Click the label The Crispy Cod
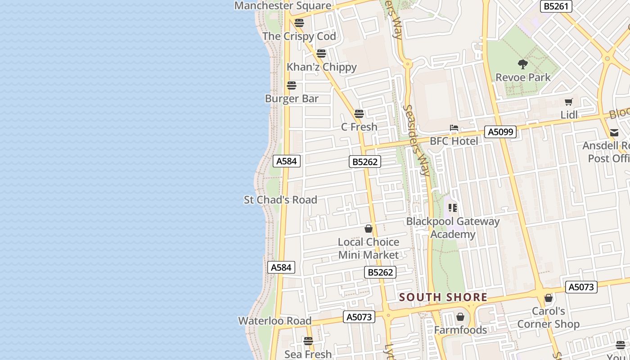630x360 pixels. (299, 36)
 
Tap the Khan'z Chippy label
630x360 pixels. (321, 67)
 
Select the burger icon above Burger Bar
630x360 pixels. (292, 85)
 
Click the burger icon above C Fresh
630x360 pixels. (359, 113)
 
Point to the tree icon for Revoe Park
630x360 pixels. (522, 64)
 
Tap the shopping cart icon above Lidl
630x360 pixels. (569, 102)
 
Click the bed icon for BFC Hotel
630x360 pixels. (454, 128)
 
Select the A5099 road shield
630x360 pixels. (500, 132)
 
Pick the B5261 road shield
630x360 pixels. (556, 6)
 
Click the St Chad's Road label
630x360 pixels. (280, 200)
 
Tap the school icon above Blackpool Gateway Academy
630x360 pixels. (453, 208)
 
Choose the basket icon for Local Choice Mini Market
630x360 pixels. (369, 229)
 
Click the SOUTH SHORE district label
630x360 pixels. (443, 297)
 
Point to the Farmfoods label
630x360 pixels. (460, 330)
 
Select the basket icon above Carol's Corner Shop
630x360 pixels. (548, 298)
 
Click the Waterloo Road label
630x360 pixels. (274, 321)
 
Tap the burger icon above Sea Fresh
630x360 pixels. (308, 341)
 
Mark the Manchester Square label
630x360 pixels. (283, 5)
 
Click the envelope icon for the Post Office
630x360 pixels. (614, 132)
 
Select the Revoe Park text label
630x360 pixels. (523, 77)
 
